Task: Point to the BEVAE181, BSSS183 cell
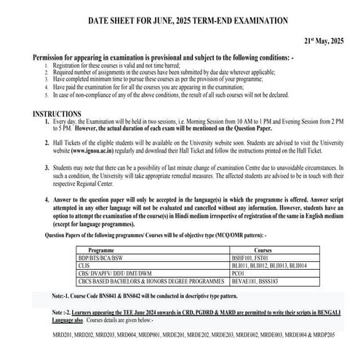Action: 249,282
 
